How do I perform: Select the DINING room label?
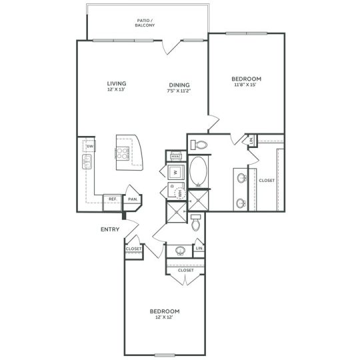[179, 85]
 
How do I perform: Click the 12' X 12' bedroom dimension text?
[163, 317]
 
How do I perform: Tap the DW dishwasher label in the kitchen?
[89, 147]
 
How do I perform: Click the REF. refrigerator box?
[113, 199]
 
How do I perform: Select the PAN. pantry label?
[132, 199]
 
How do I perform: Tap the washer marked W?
[175, 172]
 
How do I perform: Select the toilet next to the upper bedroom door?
[201, 144]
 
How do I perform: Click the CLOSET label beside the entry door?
[133, 249]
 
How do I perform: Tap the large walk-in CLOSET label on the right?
[267, 180]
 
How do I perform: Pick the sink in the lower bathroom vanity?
[179, 251]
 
